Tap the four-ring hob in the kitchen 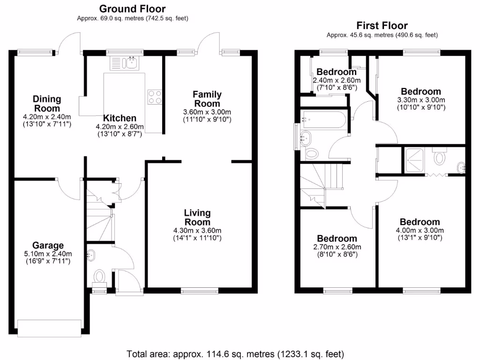pyautogui.click(x=155, y=96)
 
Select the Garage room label pyautogui.click(x=48, y=245)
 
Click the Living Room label pyautogui.click(x=197, y=217)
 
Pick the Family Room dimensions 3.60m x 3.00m pyautogui.click(x=207, y=112)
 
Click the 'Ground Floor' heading pyautogui.click(x=132, y=8)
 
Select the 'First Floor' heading pyautogui.click(x=382, y=25)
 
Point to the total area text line pyautogui.click(x=236, y=353)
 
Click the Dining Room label pyautogui.click(x=47, y=104)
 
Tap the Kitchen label pyautogui.click(x=120, y=118)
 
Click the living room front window pyautogui.click(x=200, y=291)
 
